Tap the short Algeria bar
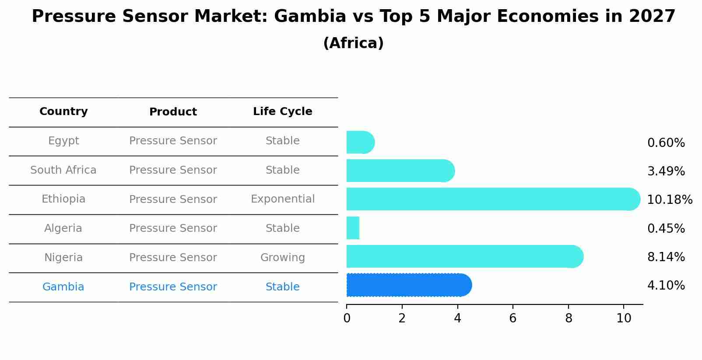click(353, 228)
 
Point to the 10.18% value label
click(669, 200)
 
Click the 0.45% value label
click(666, 228)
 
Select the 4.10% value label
click(666, 286)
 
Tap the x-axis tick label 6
click(513, 318)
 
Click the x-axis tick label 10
click(624, 318)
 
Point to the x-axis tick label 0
click(347, 318)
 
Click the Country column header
click(63, 112)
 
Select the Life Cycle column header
click(282, 112)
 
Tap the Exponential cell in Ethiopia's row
click(282, 199)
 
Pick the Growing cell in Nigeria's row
click(282, 258)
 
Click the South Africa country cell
click(63, 170)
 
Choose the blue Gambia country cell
click(63, 287)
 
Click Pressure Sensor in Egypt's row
click(173, 141)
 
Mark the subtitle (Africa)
click(353, 43)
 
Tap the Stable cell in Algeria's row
click(282, 228)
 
